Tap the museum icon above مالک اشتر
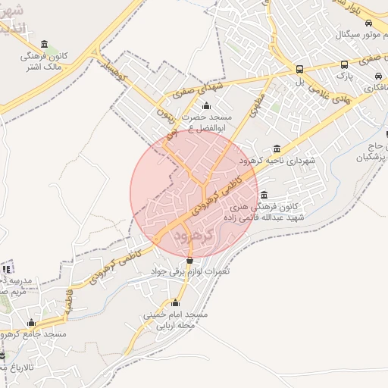point(44,43)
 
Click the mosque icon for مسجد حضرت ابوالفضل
point(206,105)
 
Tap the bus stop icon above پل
point(300,68)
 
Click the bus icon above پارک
point(345,65)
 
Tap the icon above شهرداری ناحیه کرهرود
point(276,149)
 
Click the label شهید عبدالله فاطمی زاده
point(264,217)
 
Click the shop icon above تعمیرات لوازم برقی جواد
point(189,260)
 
